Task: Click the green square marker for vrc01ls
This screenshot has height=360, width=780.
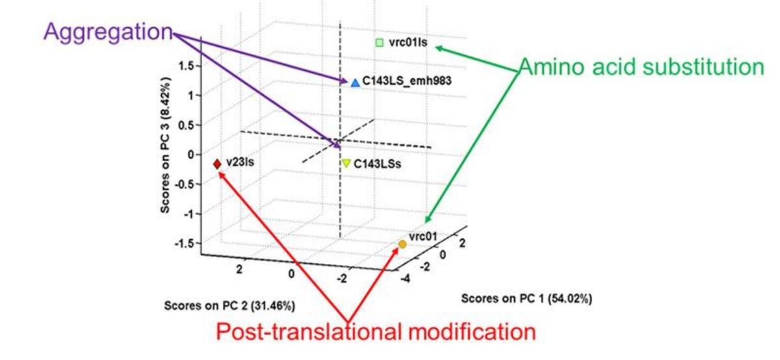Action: click(x=380, y=43)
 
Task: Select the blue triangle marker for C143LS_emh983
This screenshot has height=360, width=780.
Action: click(x=355, y=83)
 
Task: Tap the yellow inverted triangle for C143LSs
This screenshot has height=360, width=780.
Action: click(x=346, y=164)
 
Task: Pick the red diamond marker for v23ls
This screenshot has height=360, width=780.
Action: click(x=217, y=164)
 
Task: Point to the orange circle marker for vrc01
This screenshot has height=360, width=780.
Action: click(x=402, y=244)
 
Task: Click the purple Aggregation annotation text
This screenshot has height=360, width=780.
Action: click(x=108, y=32)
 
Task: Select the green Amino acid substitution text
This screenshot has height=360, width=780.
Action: click(x=641, y=67)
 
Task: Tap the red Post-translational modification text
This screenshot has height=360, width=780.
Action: click(x=376, y=333)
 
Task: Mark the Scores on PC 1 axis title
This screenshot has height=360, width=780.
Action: click(x=526, y=299)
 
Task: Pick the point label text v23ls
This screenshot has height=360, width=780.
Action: click(x=240, y=163)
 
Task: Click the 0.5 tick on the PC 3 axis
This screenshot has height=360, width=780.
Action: click(x=188, y=125)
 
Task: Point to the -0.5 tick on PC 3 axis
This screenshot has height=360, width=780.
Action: click(x=187, y=184)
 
